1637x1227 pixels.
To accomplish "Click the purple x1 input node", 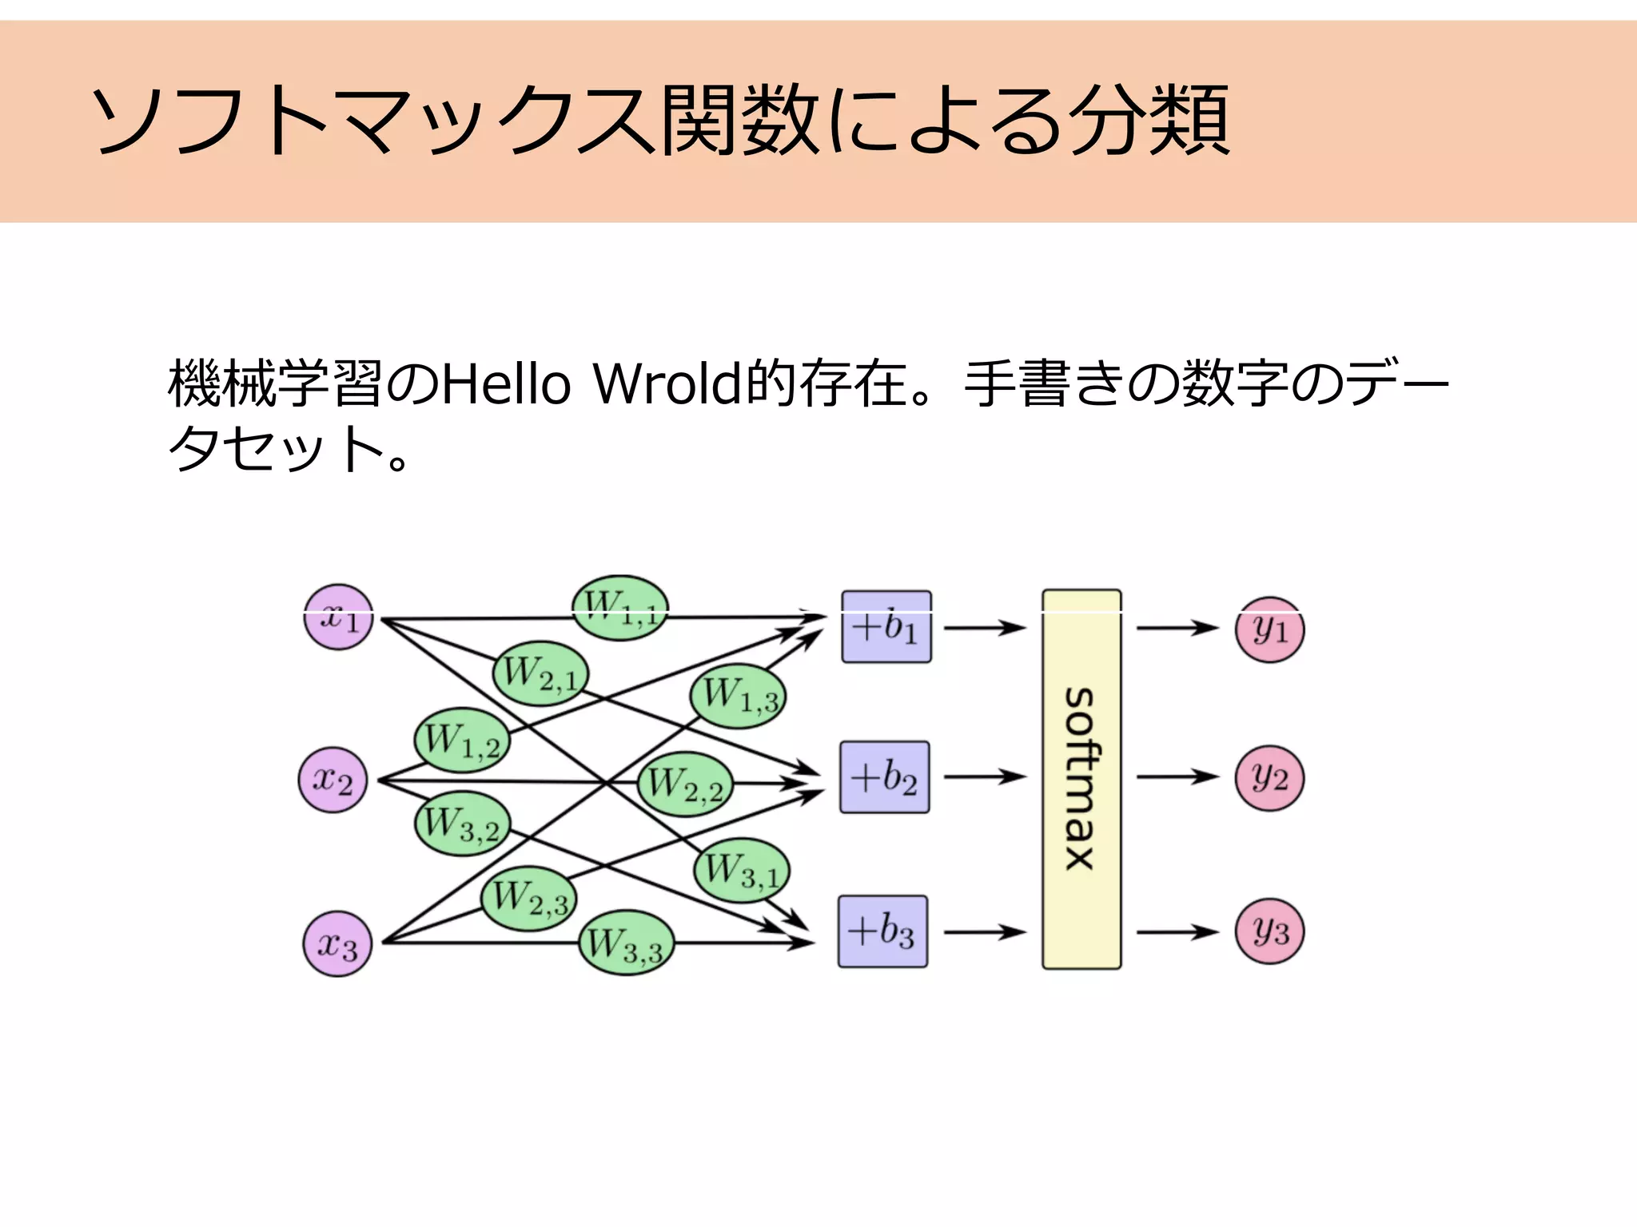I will (339, 617).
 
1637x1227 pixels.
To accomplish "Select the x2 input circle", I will (333, 780).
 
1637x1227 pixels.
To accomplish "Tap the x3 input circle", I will (337, 944).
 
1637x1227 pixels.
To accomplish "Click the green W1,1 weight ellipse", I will (620, 608).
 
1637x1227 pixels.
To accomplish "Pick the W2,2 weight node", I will (685, 784).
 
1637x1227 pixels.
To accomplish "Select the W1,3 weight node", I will (739, 695).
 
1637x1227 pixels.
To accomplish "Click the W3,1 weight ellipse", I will (742, 870).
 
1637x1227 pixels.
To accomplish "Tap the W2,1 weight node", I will (540, 673).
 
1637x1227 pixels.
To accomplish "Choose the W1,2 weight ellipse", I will (462, 740).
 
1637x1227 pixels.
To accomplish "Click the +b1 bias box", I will (886, 627).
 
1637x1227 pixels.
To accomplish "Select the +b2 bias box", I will (885, 777).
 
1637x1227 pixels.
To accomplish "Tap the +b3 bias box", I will (882, 931).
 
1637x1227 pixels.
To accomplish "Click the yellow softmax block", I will (1081, 780).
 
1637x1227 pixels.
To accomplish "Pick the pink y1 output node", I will (1269, 629).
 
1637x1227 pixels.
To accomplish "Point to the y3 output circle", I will (1269, 931).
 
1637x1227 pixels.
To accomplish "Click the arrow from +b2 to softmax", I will (985, 776).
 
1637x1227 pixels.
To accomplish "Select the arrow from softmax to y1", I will (1177, 628).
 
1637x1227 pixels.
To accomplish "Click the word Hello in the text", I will (506, 384).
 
